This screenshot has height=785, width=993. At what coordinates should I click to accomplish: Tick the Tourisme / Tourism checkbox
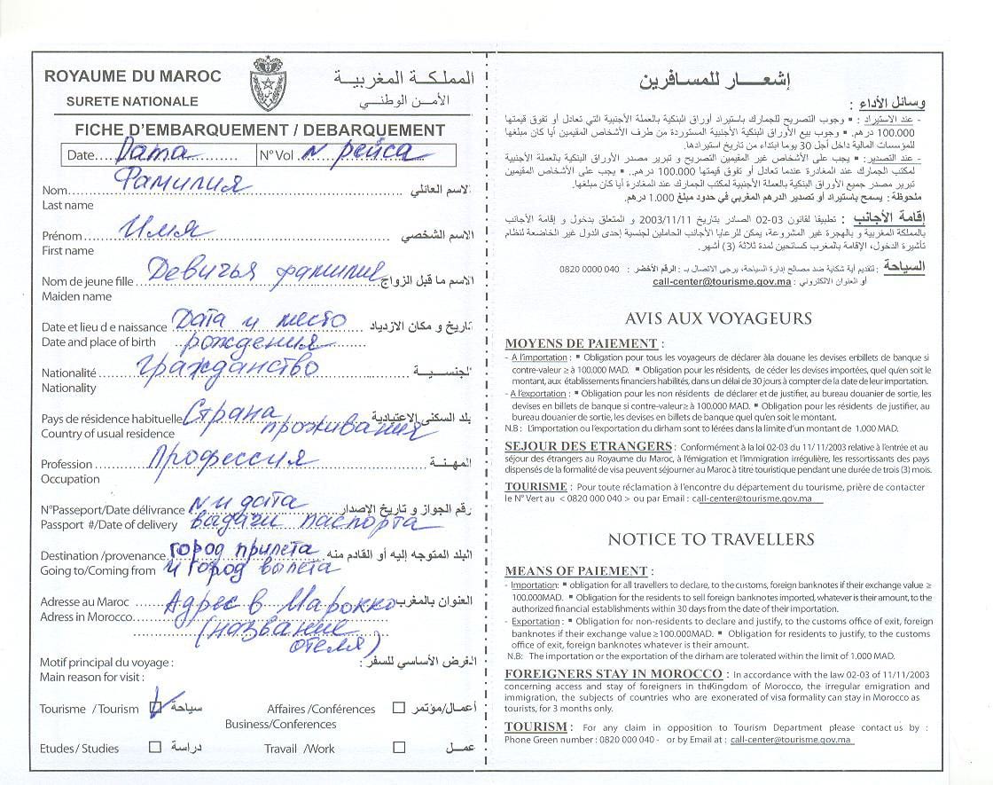click(156, 708)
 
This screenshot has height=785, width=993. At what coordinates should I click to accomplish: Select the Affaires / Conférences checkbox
click(399, 708)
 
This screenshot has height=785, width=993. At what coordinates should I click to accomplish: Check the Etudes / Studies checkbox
click(155, 747)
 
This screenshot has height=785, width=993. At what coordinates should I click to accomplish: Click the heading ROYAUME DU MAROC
click(133, 76)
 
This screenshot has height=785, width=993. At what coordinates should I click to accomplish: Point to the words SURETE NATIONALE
click(132, 101)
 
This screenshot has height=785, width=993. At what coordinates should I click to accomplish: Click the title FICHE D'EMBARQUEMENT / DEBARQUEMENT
click(260, 130)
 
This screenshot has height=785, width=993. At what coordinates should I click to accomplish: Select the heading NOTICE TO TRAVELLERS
click(710, 538)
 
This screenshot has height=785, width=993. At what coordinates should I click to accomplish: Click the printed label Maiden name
click(76, 296)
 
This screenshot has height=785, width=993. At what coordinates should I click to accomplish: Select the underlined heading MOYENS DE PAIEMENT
click(581, 343)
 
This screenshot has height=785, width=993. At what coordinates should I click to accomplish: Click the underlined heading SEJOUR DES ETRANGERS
click(588, 446)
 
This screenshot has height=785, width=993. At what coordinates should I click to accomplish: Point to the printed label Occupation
click(70, 479)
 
